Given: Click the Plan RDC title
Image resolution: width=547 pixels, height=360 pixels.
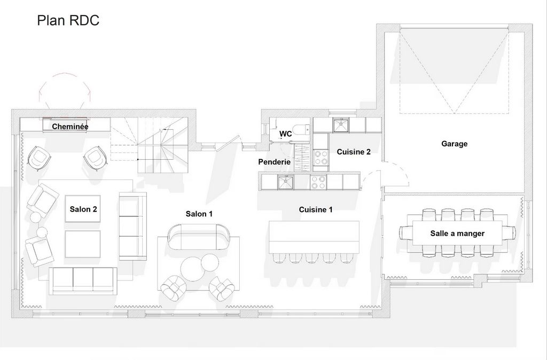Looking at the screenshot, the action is coord(68,20).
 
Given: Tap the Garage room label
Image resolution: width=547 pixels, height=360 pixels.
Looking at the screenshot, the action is coord(454,144).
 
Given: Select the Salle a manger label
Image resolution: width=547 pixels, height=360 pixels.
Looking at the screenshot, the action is coord(457,233).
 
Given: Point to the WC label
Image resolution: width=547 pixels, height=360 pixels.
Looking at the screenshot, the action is coord(285,134).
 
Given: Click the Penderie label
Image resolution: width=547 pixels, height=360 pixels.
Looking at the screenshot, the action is coord(274,162).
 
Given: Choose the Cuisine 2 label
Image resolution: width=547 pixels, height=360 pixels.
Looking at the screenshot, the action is coord(354,152).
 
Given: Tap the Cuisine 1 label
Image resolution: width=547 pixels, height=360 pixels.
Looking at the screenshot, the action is coord(316,210).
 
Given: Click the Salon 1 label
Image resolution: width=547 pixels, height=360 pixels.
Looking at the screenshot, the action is coord(199,214).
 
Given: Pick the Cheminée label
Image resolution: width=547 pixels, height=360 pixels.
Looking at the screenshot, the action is coord(70,126).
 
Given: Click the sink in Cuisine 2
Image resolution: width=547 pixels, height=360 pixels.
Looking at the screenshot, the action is coord(340,126).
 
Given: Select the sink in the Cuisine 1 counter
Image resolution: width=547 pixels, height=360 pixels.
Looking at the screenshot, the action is coord(285,182).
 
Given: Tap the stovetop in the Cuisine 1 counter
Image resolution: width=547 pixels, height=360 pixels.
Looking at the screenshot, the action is coord(318,182).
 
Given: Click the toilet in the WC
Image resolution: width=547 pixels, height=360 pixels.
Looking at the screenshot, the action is coord(301,130).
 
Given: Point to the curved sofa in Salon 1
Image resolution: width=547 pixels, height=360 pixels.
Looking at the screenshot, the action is coord(198,237).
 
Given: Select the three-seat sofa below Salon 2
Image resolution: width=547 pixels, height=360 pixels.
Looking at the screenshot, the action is coord(83,281).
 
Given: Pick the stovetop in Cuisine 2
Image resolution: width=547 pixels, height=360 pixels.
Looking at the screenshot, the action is coord(321,158).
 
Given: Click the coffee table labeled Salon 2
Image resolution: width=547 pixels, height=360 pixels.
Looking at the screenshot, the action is coord(83,209).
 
